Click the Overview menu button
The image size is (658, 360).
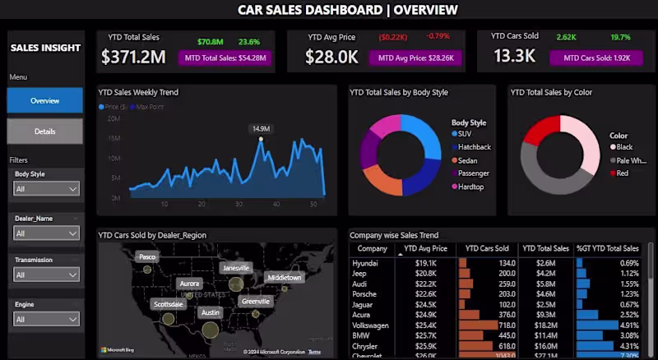pyautogui.click(x=45, y=100)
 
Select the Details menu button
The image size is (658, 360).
pyautogui.click(x=45, y=132)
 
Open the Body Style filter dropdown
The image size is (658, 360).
pyautogui.click(x=47, y=189)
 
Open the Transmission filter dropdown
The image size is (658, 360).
pyautogui.click(x=47, y=275)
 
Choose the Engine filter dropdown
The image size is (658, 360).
pyautogui.click(x=47, y=319)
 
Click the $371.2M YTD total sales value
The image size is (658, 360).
pyautogui.click(x=133, y=57)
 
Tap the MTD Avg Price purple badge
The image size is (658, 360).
pyautogui.click(x=414, y=58)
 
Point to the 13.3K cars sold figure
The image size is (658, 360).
pyautogui.click(x=514, y=57)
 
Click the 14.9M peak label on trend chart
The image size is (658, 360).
pyautogui.click(x=261, y=129)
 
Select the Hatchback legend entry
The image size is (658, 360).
pyautogui.click(x=474, y=147)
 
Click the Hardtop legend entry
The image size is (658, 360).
pyautogui.click(x=470, y=187)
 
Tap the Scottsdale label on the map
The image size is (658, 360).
pyautogui.click(x=169, y=303)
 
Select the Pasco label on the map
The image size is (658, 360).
pyautogui.click(x=146, y=256)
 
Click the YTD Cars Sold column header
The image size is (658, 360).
pyautogui.click(x=487, y=247)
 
